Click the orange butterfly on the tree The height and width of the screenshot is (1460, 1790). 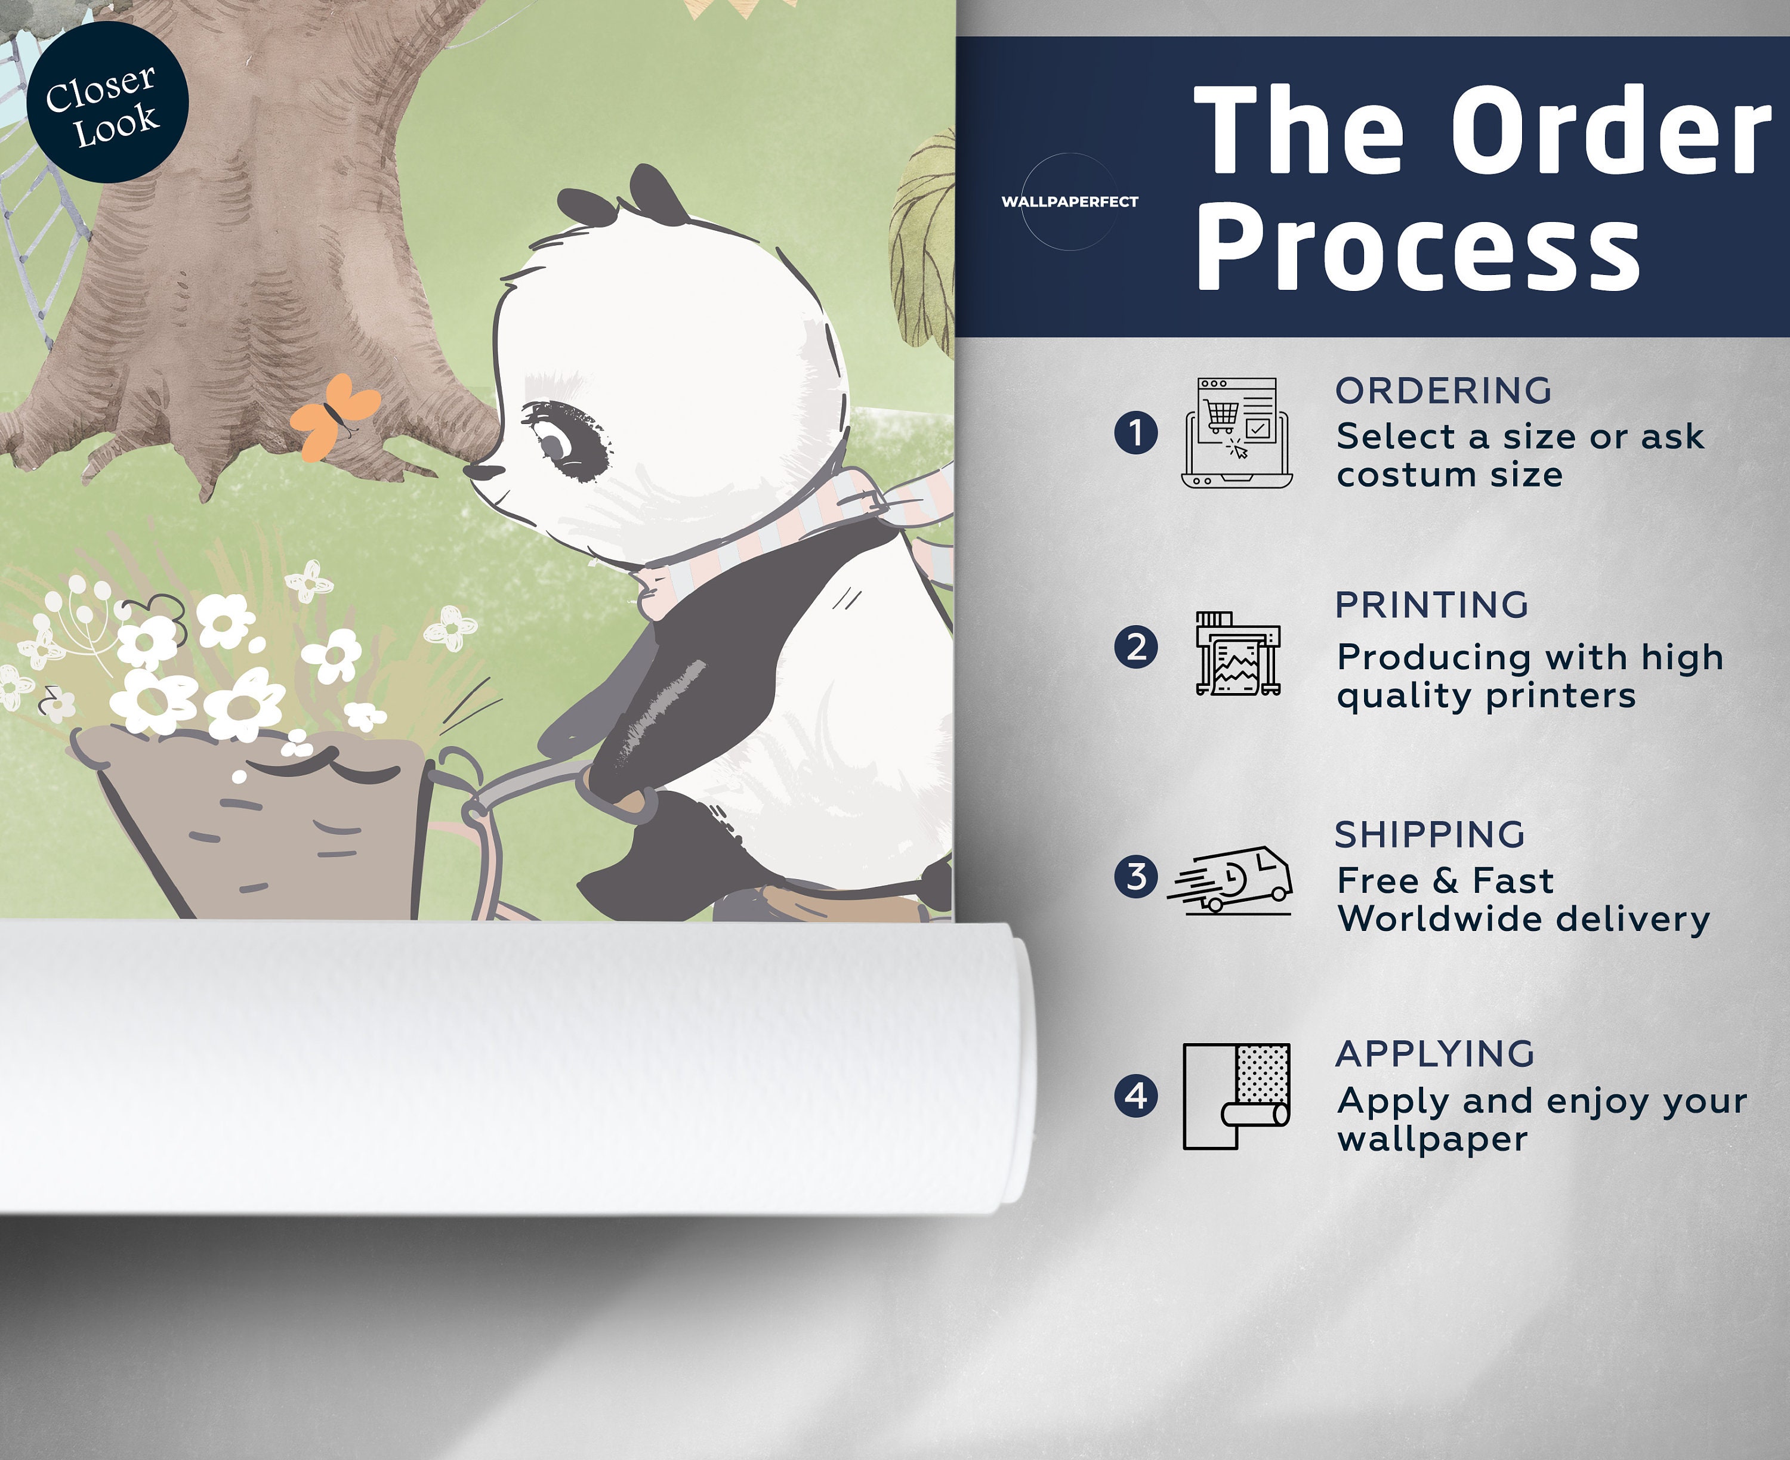tap(334, 416)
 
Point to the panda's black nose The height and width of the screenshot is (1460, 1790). tap(481, 472)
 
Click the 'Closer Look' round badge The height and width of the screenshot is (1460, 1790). tap(107, 102)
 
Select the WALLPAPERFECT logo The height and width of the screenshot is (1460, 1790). tap(1069, 202)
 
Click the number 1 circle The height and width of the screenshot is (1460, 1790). tap(1135, 432)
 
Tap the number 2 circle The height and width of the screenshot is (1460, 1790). tap(1135, 648)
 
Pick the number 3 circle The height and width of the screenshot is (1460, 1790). tap(1135, 876)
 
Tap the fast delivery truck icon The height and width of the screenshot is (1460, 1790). tap(1230, 880)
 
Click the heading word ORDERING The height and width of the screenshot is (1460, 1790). tap(1443, 391)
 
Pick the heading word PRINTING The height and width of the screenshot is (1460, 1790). tap(1431, 605)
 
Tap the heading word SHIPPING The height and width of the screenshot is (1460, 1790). tap(1430, 835)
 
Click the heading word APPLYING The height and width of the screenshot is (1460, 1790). tap(1435, 1054)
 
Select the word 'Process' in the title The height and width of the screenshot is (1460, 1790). tap(1418, 248)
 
